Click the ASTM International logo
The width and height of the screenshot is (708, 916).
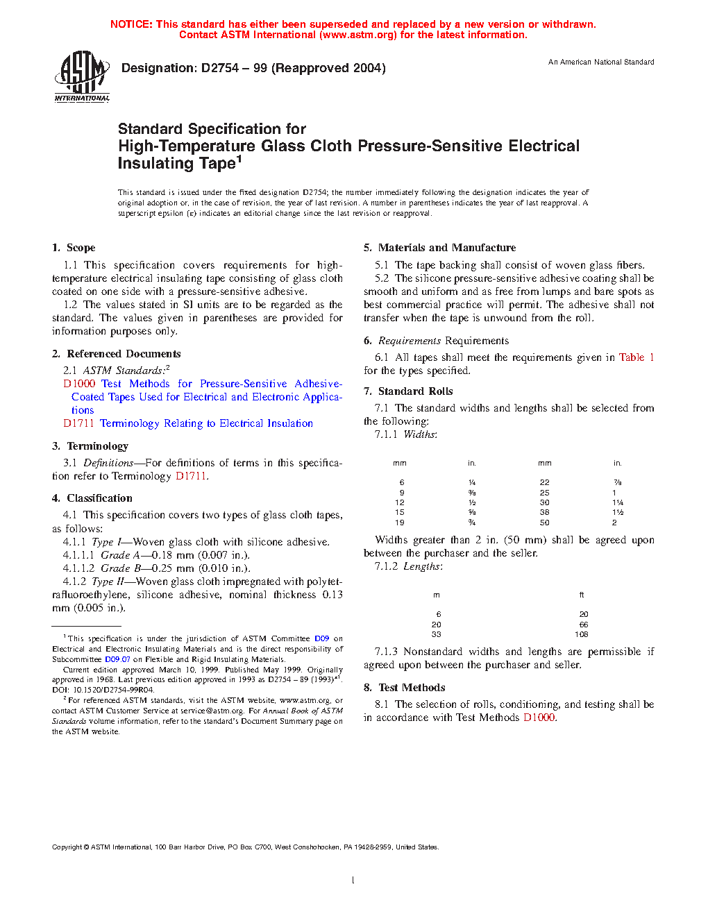click(82, 76)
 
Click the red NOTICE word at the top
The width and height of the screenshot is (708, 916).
click(131, 24)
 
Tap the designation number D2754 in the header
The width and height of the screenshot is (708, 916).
click(220, 68)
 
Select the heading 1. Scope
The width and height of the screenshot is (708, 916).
click(74, 248)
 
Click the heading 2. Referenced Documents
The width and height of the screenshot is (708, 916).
click(116, 354)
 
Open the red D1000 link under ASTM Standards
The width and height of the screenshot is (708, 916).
click(79, 384)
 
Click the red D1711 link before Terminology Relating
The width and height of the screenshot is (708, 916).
click(78, 423)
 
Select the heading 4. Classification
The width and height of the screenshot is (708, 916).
click(92, 498)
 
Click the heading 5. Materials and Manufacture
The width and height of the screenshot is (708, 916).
click(439, 248)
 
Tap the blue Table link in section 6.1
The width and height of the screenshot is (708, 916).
click(632, 357)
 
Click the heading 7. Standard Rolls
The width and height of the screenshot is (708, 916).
click(408, 391)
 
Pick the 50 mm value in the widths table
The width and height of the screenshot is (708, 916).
click(545, 523)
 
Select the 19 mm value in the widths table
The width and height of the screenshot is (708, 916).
click(400, 523)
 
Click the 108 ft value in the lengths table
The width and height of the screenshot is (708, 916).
click(582, 634)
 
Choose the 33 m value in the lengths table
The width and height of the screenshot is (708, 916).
click(437, 634)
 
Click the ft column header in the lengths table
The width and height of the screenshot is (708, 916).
click(582, 595)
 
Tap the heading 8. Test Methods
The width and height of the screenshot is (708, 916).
click(405, 688)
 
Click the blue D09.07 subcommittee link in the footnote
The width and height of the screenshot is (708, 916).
click(117, 659)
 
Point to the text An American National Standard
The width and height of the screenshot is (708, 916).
click(601, 62)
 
